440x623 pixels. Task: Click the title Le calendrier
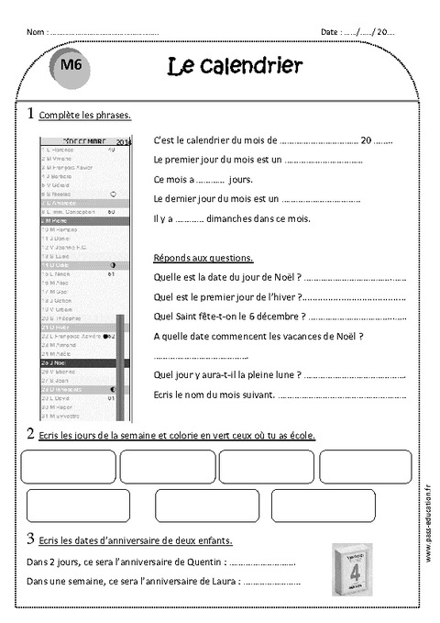[235, 66]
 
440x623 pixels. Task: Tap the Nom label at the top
[36, 32]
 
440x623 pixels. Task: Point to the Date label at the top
[330, 32]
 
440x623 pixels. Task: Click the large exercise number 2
[31, 433]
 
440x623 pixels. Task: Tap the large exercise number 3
[31, 539]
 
